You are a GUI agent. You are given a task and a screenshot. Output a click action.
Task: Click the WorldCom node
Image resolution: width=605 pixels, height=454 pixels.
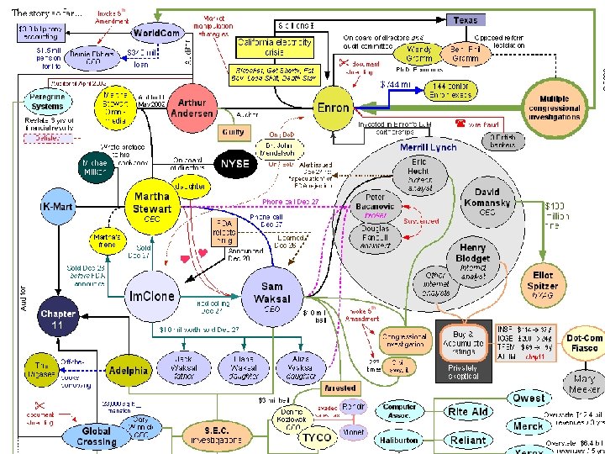(156, 34)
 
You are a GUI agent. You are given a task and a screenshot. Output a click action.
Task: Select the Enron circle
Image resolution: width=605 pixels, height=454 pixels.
(334, 108)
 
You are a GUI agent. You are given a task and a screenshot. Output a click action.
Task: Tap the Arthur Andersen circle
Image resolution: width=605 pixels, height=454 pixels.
(192, 108)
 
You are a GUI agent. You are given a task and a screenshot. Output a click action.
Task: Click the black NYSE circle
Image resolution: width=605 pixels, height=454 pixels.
(236, 164)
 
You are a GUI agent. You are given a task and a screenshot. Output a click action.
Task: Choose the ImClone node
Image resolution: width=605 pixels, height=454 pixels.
(152, 297)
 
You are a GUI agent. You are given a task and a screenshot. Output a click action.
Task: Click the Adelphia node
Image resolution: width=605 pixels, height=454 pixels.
(129, 370)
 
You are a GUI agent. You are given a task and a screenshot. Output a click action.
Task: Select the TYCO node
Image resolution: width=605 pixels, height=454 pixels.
(317, 437)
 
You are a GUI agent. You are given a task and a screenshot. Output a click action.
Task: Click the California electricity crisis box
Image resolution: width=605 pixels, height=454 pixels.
(275, 47)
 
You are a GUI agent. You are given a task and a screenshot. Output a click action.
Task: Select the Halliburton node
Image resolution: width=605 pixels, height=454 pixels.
(398, 440)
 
